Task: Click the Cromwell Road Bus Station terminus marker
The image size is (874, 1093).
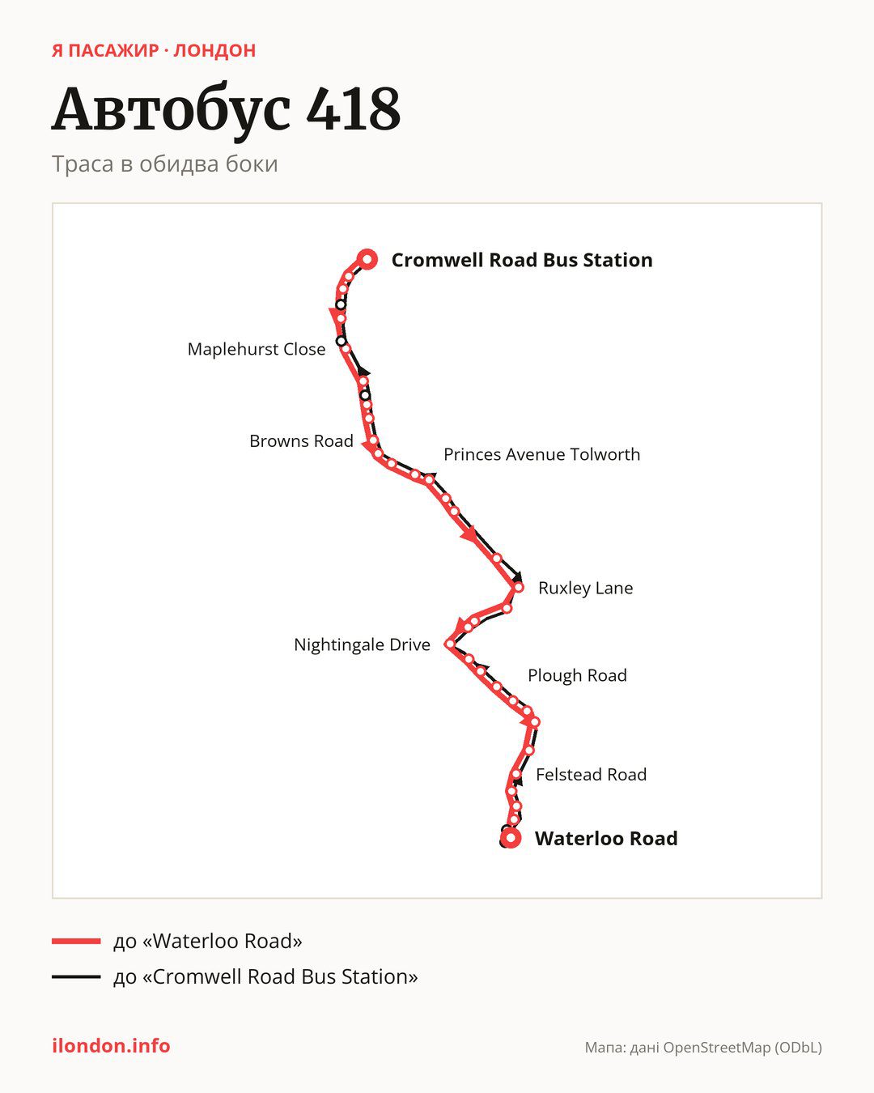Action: point(367,260)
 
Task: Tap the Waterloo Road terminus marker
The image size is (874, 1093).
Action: point(511,838)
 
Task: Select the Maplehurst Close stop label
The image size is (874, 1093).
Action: point(257,350)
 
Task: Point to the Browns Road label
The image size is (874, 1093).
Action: point(301,441)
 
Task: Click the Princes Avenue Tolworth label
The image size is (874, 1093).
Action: point(542,454)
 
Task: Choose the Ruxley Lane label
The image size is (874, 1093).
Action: point(586,588)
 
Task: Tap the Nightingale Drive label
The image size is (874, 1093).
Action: point(362,645)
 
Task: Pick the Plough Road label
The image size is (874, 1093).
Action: point(578,675)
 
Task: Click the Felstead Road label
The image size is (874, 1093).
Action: point(591,775)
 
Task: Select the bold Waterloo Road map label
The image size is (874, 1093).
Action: point(606,839)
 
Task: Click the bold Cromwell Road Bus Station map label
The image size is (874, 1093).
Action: point(522,260)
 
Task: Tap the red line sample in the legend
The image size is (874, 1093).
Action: point(76,941)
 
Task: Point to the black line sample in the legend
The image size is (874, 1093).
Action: point(76,976)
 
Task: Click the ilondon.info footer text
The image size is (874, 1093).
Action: point(111,1046)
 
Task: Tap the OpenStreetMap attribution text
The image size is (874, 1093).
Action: point(703,1048)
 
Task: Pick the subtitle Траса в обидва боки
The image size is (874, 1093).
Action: point(165,164)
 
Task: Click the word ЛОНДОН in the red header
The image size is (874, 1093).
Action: point(214,51)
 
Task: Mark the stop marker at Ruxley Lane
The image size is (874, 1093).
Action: point(518,587)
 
